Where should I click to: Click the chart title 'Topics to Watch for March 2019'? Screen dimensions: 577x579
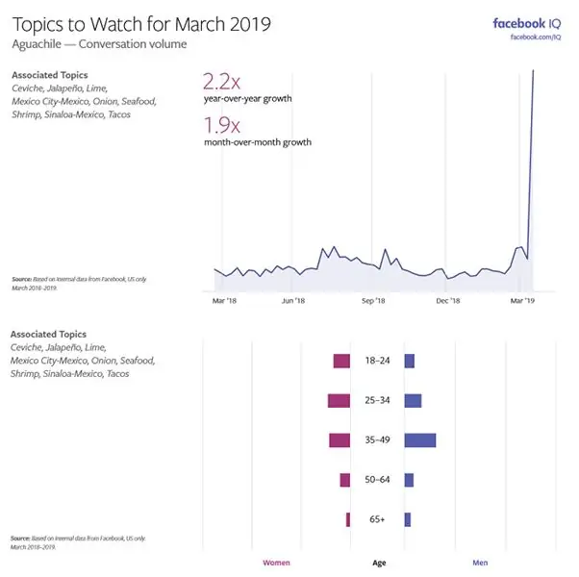[141, 25]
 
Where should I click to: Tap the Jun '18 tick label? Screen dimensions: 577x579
[293, 301]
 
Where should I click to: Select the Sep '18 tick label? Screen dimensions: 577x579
[373, 301]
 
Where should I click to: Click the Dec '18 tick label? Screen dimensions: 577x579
[448, 301]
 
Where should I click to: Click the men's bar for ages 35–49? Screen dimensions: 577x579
[420, 439]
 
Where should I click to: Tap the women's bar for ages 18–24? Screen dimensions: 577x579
[341, 361]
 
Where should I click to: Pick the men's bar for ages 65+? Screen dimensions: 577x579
[408, 519]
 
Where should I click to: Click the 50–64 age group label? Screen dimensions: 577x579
[377, 480]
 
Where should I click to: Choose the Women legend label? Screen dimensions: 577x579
[276, 563]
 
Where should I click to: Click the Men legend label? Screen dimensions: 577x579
[480, 563]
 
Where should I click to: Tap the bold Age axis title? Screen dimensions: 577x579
[380, 563]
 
